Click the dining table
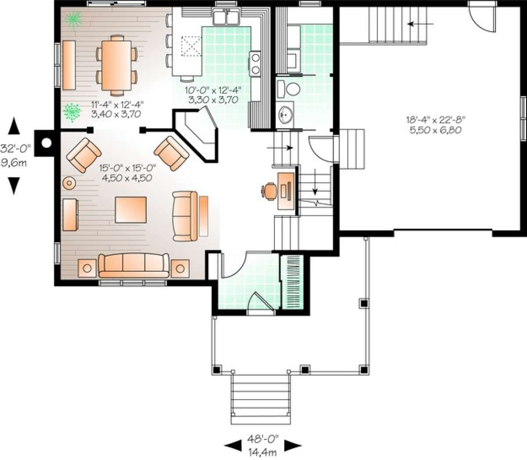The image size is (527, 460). click(x=117, y=65)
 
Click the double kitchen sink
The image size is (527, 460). click(x=226, y=17)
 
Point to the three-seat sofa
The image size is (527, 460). click(x=134, y=266)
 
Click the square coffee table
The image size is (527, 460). click(x=130, y=210)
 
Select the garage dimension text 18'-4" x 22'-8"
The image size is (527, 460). click(x=435, y=120)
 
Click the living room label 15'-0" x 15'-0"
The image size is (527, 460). click(x=128, y=168)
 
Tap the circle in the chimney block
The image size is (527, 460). click(x=47, y=142)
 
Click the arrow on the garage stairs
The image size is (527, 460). click(x=420, y=24)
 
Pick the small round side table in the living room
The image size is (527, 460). click(x=69, y=183)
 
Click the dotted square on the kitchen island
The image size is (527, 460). click(x=191, y=47)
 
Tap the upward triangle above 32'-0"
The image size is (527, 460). click(x=14, y=126)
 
